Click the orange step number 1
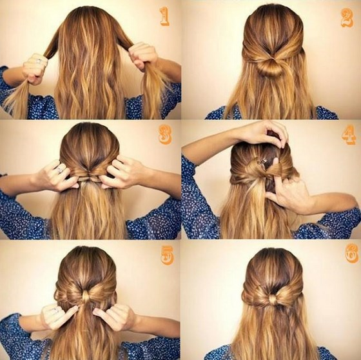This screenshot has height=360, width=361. click(x=164, y=16)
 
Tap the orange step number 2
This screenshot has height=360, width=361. click(x=347, y=18)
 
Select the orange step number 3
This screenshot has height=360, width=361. click(x=165, y=135)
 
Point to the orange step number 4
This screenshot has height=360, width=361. click(x=349, y=135)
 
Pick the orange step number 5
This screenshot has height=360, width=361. click(x=167, y=255)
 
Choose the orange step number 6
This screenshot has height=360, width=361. click(x=352, y=253)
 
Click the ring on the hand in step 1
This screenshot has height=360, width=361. click(x=39, y=61)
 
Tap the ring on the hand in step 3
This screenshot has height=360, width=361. click(x=60, y=170)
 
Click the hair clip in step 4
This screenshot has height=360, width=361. click(x=262, y=162)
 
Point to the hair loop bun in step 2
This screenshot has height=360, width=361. click(x=271, y=67)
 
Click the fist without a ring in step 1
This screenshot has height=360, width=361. click(x=142, y=55)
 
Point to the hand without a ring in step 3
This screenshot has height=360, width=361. click(x=121, y=172)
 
